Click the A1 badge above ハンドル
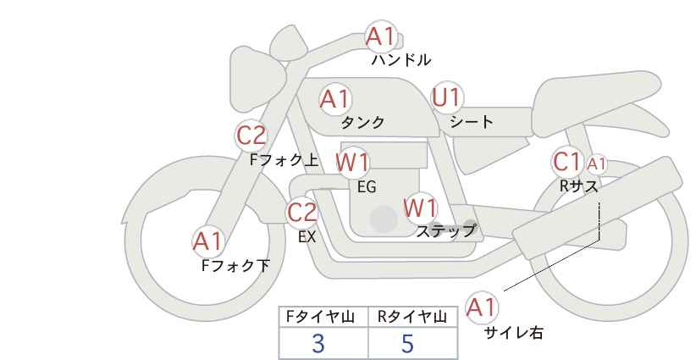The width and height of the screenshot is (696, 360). pos(381,36)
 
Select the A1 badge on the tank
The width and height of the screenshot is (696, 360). pos(335,99)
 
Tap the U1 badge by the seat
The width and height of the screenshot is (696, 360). pos(447,97)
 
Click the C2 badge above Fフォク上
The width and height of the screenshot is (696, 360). pos(251,136)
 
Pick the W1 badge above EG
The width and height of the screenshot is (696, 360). pos(352,163)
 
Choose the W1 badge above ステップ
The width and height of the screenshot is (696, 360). pos(420,208)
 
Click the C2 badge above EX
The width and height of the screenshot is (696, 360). pos(301,212)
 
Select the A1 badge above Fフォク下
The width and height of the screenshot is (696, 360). pos(207,241)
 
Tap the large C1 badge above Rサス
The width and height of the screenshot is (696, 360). pos(567,162)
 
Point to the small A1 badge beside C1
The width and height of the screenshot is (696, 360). pos(596,164)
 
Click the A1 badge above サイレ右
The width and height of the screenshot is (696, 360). pos(482,307)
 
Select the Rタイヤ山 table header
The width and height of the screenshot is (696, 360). pos(413,317)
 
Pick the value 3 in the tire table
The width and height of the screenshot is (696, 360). pos(318,344)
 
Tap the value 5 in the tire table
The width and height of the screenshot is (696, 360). pos(407,344)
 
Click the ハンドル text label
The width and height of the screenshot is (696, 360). pos(401,59)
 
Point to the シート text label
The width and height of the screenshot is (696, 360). pos(472,121)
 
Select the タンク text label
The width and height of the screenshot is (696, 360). pos(362,122)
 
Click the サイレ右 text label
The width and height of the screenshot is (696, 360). pos(513,333)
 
